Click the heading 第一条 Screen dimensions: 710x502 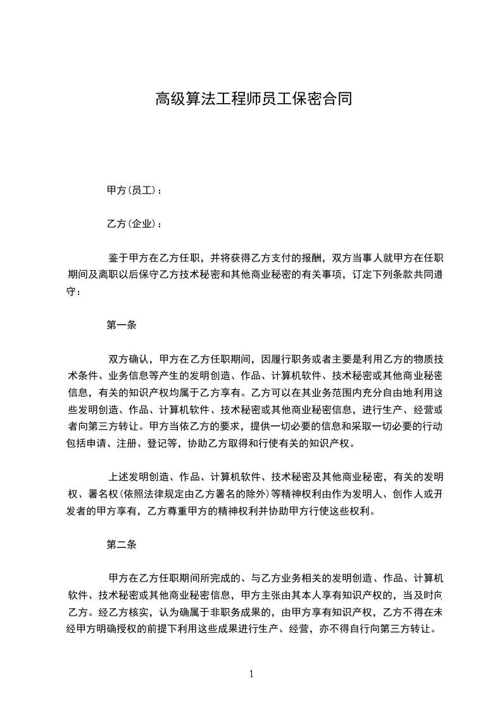pos(122,325)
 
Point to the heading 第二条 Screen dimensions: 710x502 pos(122,544)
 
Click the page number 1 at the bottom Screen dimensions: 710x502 pos(251,674)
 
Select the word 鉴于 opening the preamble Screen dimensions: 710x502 pos(118,258)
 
